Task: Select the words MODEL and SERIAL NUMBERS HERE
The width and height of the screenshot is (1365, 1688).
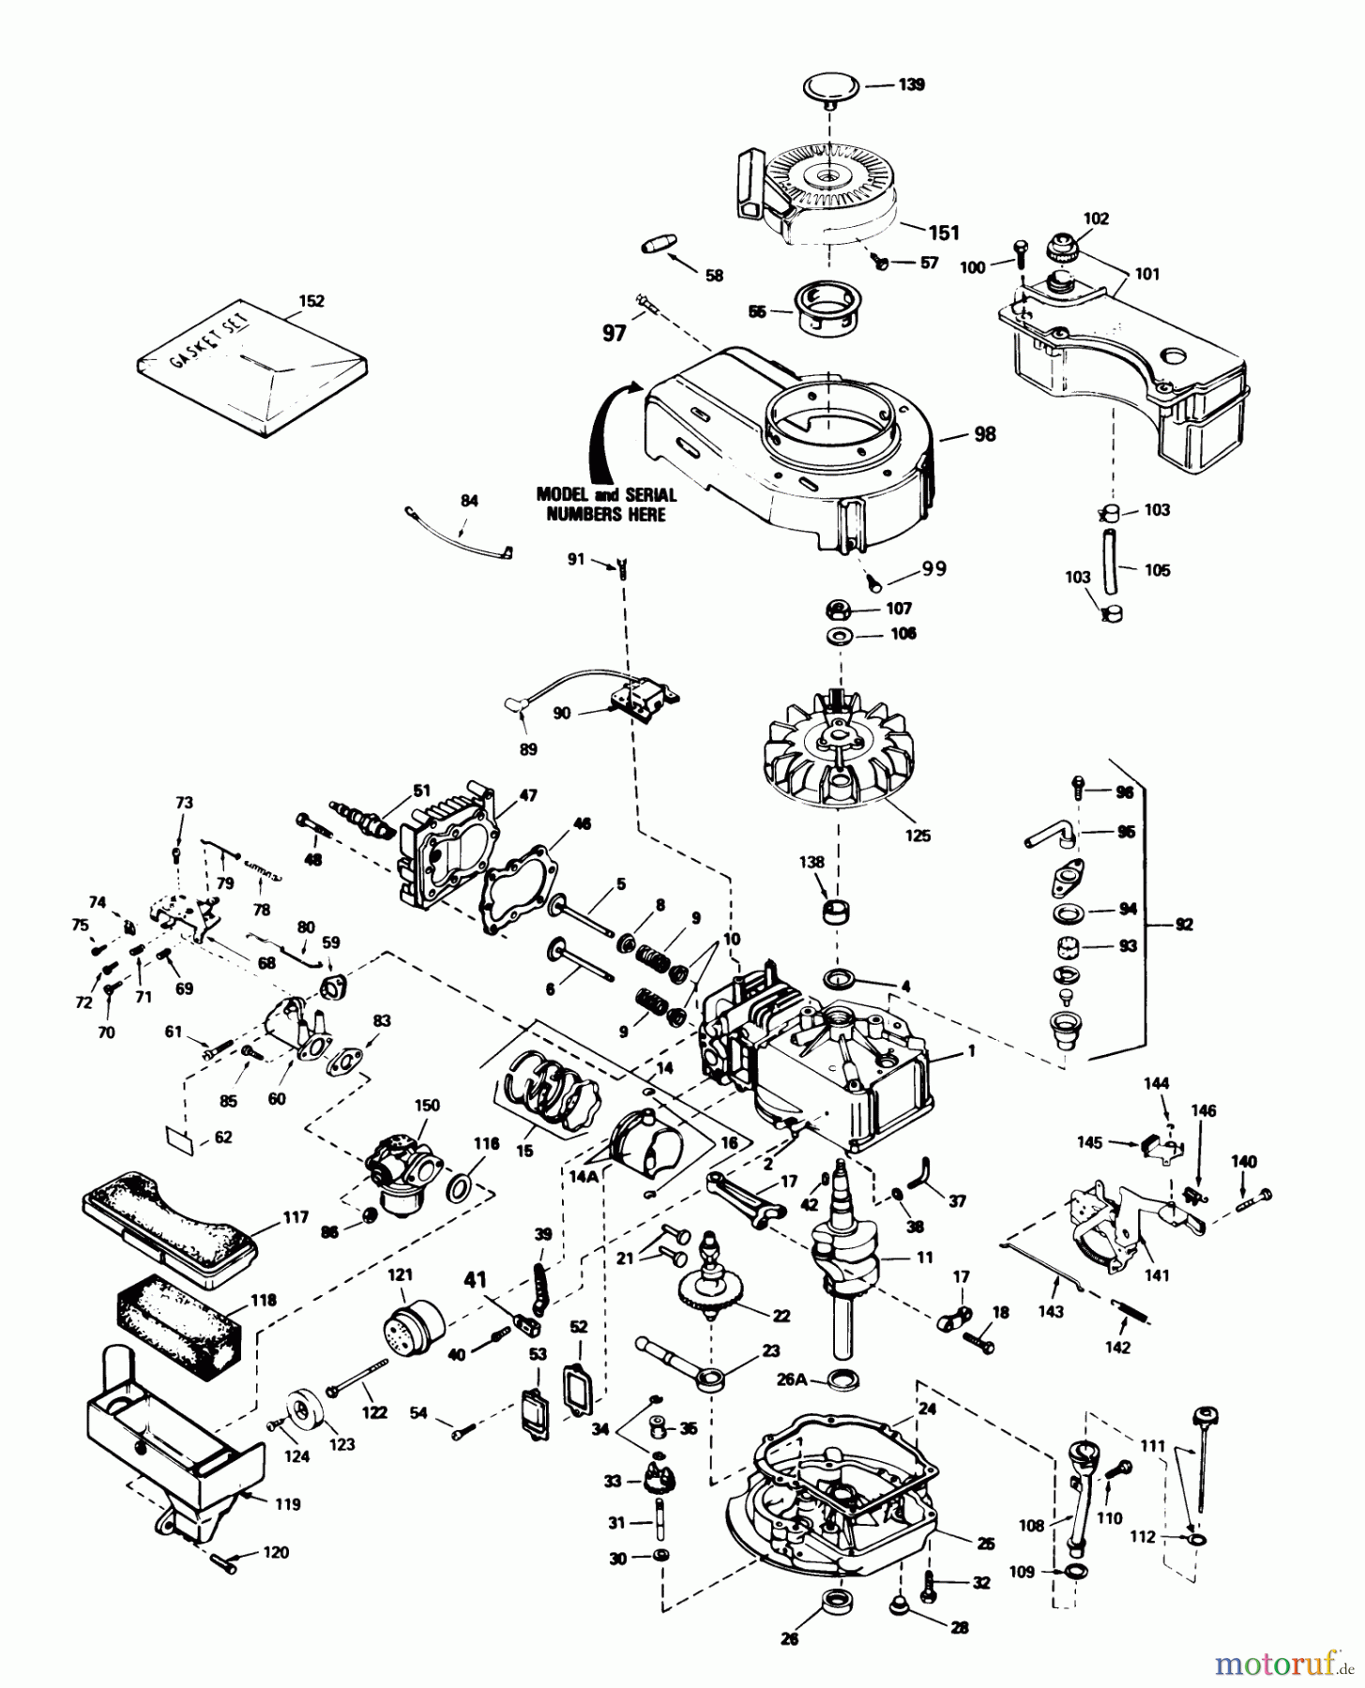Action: coord(606,504)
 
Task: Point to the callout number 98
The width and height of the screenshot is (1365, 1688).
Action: coord(984,434)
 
